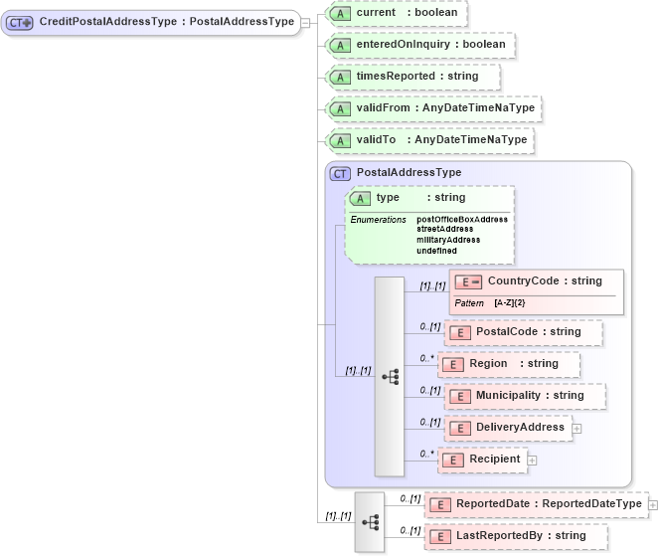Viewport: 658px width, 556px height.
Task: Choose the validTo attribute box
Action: pyautogui.click(x=429, y=140)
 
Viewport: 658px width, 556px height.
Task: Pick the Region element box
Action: pyautogui.click(x=508, y=364)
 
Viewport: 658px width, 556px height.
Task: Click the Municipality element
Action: pyautogui.click(x=524, y=396)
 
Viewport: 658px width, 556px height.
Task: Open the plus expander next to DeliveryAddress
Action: pyautogui.click(x=576, y=429)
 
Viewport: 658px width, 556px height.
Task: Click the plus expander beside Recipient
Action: pyautogui.click(x=532, y=460)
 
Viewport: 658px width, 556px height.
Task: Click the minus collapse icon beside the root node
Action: pyautogui.click(x=306, y=22)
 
